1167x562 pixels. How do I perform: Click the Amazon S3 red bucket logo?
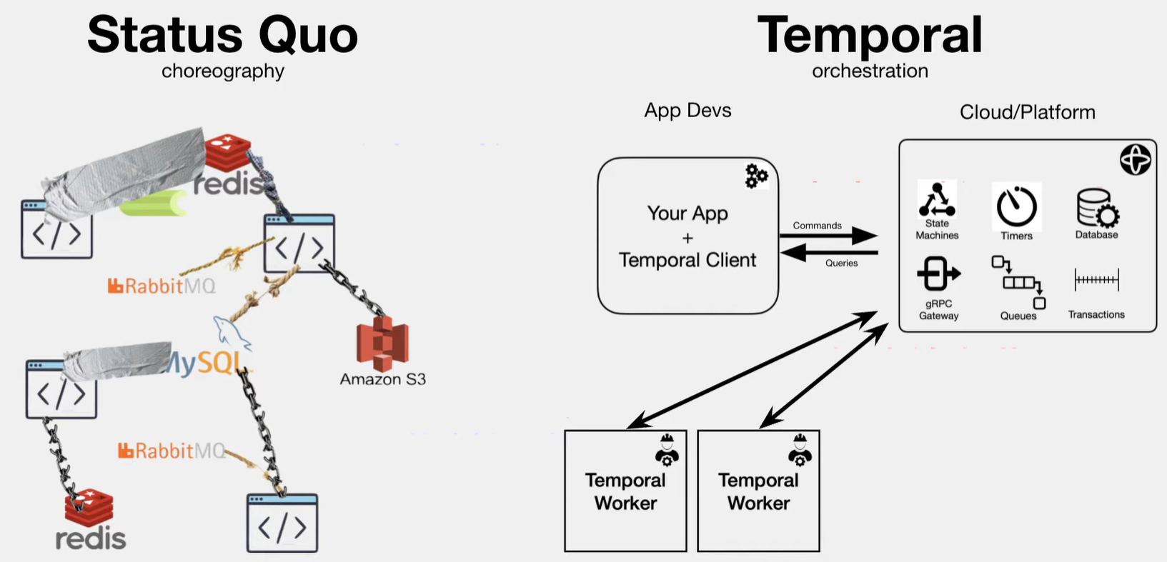click(x=382, y=343)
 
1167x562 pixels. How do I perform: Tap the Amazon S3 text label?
click(x=382, y=379)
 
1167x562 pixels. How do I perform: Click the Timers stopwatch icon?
click(x=1016, y=207)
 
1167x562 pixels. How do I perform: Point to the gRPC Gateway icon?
click(x=938, y=274)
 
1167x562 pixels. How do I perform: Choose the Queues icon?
click(x=1018, y=283)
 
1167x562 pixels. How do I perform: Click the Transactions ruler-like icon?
click(x=1097, y=280)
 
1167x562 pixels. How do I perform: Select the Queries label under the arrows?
click(x=841, y=263)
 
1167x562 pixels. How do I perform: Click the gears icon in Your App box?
click(x=756, y=176)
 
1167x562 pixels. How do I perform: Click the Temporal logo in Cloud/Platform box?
click(x=1135, y=159)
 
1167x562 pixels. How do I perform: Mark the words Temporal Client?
click(x=687, y=260)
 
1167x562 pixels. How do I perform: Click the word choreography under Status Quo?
click(x=223, y=71)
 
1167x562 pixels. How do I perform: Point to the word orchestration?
click(x=870, y=71)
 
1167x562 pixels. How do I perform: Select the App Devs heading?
click(x=687, y=111)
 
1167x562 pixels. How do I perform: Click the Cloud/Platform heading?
click(x=1027, y=112)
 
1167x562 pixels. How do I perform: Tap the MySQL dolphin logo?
click(x=230, y=332)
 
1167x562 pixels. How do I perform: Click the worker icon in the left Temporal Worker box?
click(x=667, y=450)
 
